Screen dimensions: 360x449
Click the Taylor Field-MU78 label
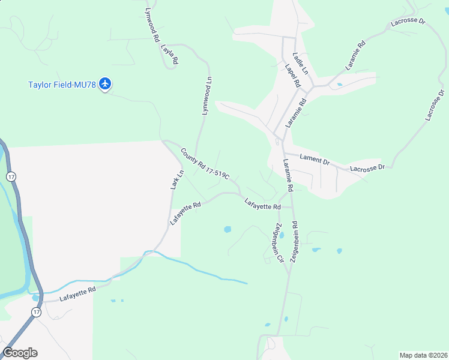pos(62,84)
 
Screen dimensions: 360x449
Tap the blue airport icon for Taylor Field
pos(106,83)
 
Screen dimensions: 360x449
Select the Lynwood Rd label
pos(152,24)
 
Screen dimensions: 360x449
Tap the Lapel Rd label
pos(292,76)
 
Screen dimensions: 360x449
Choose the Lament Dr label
pos(315,160)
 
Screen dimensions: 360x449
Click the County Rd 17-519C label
pos(205,164)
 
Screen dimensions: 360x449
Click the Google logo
pos(20,353)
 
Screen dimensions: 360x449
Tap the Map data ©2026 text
pos(423,355)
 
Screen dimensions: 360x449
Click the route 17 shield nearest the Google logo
pos(36,313)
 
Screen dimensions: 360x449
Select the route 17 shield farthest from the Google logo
pos(11,176)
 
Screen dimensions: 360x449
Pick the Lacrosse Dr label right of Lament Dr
pos(367,168)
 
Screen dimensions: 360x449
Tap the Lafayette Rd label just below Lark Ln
pos(184,214)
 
